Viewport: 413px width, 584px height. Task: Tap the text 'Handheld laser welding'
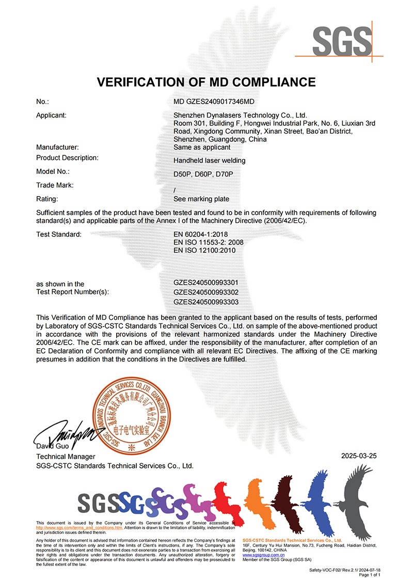210,160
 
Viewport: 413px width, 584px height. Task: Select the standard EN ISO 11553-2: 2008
209,242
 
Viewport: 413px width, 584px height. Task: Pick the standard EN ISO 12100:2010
205,250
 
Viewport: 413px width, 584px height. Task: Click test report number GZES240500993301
206,283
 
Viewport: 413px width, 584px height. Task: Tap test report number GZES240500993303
206,302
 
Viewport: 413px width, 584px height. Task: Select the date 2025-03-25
359,456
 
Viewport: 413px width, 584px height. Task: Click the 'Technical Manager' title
66,457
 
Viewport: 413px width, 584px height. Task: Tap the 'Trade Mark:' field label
55,185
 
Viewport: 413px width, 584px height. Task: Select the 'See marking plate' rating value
201,199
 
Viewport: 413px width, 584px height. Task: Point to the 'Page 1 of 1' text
369,574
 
